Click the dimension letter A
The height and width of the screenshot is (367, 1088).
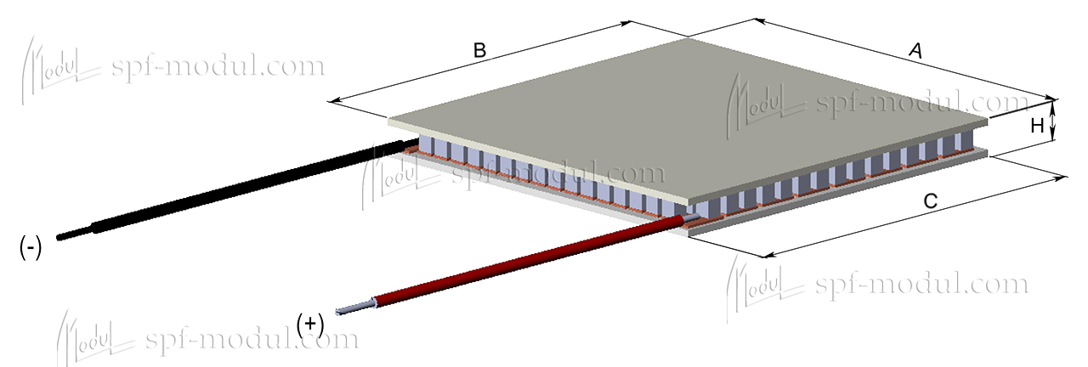tap(915, 53)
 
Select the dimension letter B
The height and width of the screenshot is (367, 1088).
tap(479, 51)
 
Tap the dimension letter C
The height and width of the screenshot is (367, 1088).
tap(930, 202)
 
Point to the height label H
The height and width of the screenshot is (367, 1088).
tap(1037, 126)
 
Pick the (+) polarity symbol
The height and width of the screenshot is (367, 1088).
tap(311, 323)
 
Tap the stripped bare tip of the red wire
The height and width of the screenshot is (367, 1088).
tap(353, 308)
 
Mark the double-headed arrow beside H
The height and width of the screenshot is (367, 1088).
tap(1054, 120)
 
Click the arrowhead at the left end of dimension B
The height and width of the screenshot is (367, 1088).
tap(334, 101)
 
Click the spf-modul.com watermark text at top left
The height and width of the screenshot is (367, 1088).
tap(218, 66)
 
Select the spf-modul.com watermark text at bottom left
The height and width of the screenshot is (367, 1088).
tap(252, 340)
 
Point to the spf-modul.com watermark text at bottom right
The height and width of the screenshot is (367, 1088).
tap(921, 284)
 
